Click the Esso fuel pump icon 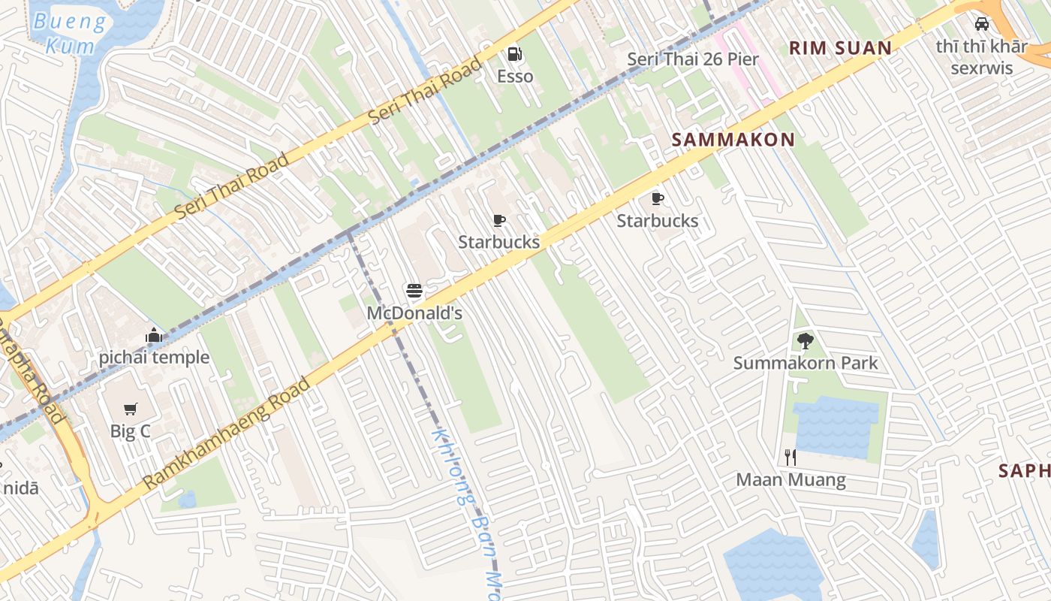click(x=515, y=54)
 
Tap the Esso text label click(x=515, y=77)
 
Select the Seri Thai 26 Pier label click(x=693, y=59)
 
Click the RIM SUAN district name click(x=840, y=49)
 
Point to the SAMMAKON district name click(x=733, y=140)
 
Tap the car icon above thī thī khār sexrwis click(x=981, y=24)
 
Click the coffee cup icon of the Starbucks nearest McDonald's click(x=499, y=220)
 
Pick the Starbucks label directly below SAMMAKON click(x=658, y=221)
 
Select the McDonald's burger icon click(x=414, y=290)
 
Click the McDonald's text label click(x=414, y=313)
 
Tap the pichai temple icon click(x=154, y=335)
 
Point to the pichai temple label click(x=154, y=358)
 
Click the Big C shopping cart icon click(x=131, y=409)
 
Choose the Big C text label click(x=131, y=432)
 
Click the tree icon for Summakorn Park click(x=805, y=341)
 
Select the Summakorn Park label click(x=806, y=364)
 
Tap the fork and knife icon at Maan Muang click(x=791, y=457)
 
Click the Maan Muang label click(x=791, y=480)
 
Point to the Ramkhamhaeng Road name click(x=226, y=433)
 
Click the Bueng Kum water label click(x=70, y=34)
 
